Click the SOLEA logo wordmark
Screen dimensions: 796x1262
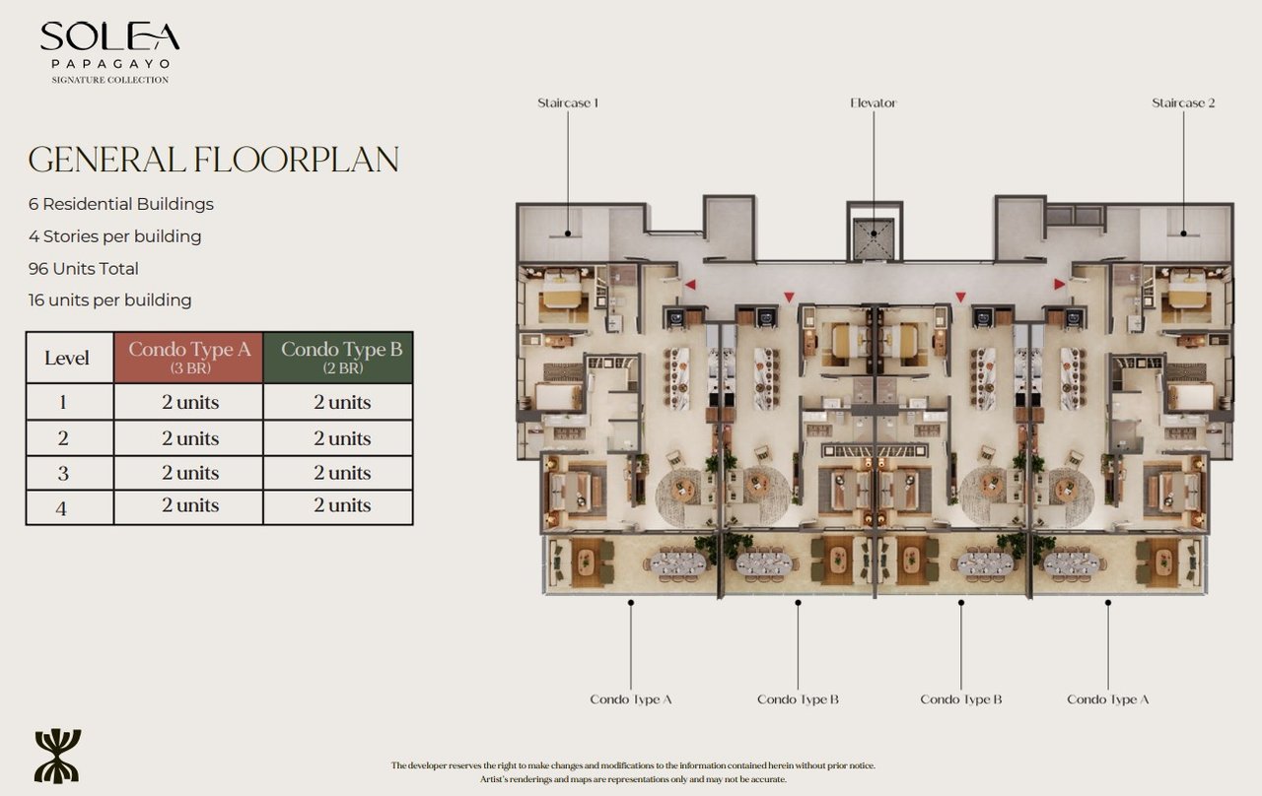(x=109, y=36)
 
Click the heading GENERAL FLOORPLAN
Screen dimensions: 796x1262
(x=213, y=160)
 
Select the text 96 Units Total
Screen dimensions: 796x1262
(x=84, y=268)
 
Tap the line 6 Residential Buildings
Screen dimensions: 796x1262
(x=121, y=204)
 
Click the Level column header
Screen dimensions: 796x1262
(x=68, y=358)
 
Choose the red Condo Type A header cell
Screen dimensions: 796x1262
(x=188, y=357)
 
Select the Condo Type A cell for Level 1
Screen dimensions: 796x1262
(x=188, y=402)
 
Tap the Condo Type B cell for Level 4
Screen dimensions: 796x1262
(x=339, y=505)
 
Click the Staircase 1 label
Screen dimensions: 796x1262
(x=568, y=102)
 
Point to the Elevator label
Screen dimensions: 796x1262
(x=874, y=102)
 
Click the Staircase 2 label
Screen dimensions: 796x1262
(x=1183, y=102)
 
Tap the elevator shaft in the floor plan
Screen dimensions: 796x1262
(x=873, y=238)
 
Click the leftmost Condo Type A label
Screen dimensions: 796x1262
(x=631, y=699)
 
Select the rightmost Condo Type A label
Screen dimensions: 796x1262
(x=1108, y=699)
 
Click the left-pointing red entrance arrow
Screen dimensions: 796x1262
(x=690, y=285)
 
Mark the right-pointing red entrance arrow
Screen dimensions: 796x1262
(x=1059, y=285)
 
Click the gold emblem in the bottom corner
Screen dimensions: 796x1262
(x=57, y=756)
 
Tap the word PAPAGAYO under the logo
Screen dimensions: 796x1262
(x=109, y=63)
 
